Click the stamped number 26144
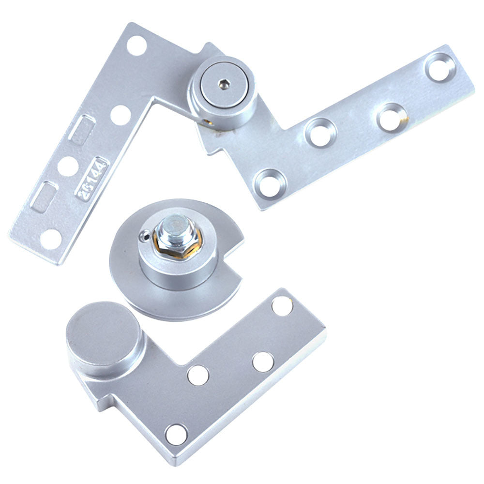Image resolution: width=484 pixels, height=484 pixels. click(x=92, y=177)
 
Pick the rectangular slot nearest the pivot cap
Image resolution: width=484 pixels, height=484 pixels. click(x=81, y=129)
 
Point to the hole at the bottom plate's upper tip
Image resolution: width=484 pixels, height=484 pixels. click(x=282, y=306)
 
